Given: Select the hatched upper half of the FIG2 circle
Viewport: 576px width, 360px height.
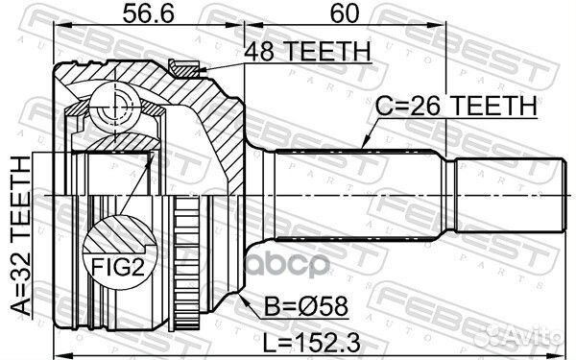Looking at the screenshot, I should point(119,233).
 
